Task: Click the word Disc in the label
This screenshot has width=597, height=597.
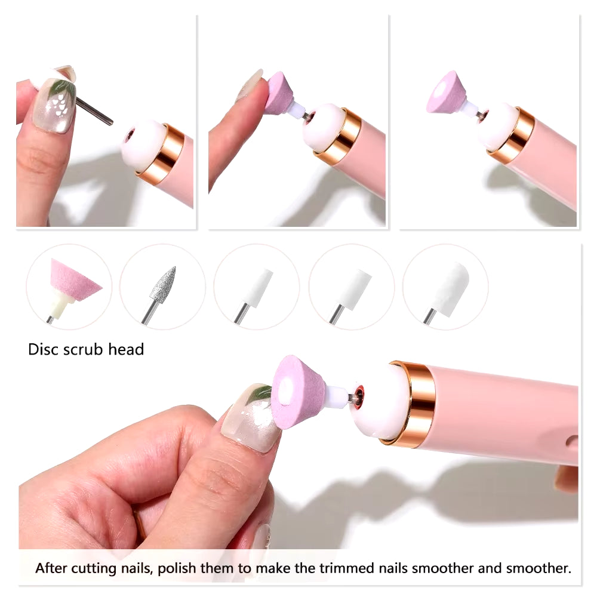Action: click(42, 349)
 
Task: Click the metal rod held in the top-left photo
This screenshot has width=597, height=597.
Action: click(94, 110)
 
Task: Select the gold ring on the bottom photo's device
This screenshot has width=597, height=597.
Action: click(413, 404)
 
